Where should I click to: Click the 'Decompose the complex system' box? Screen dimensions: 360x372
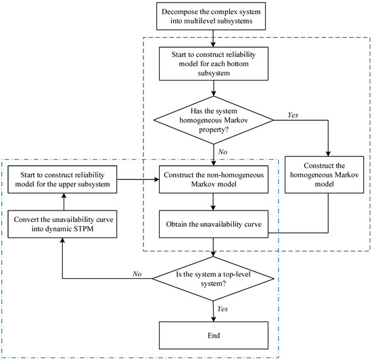(214, 16)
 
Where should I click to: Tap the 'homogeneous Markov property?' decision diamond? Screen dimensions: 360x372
(214, 120)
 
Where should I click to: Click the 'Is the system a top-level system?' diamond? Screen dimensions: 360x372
(214, 280)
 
